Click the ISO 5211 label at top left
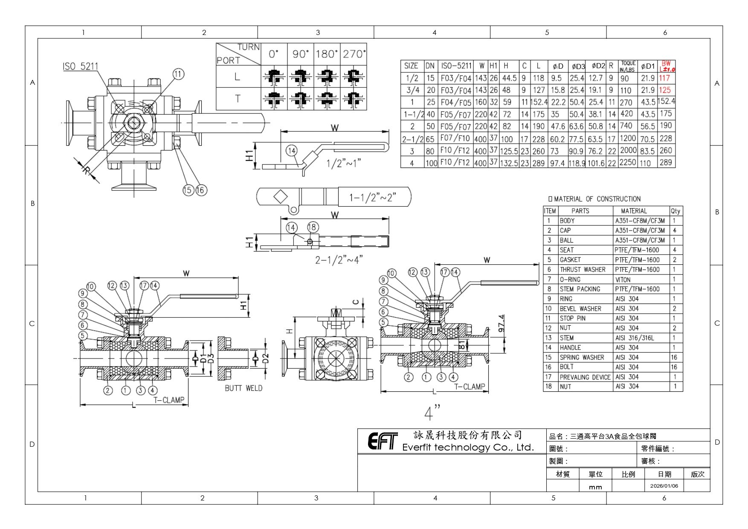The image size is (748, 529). point(80,66)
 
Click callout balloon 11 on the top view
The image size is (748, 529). point(178,74)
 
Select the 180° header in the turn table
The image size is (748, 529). point(326,54)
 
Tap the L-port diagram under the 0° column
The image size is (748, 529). point(274,77)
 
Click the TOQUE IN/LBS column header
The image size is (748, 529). point(628,66)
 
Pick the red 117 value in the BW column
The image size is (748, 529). point(664,78)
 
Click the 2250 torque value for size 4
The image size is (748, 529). point(628,162)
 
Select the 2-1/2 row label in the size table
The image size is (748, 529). point(412,139)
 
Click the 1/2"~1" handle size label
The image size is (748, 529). point(344,163)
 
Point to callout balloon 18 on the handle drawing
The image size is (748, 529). point(313,227)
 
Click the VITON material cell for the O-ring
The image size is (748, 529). point(623,280)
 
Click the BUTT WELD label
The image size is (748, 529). point(244,388)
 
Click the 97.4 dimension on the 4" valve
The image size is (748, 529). point(502,323)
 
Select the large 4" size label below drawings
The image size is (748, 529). point(432,412)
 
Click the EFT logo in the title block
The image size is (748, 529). point(383,441)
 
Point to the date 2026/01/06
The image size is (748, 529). point(664,486)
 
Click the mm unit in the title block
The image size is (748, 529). point(595,487)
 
